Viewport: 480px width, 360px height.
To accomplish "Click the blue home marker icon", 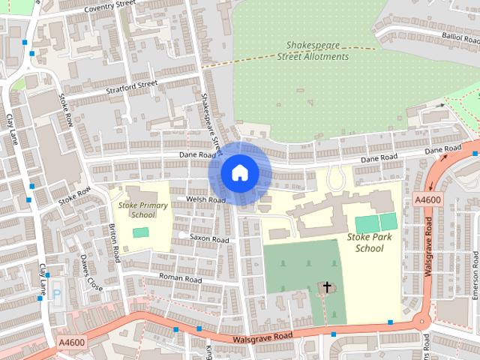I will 238,173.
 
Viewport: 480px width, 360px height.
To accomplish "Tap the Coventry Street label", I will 109,8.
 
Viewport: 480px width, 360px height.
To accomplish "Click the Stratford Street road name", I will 133,83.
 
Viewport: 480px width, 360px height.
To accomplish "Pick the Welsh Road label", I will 207,200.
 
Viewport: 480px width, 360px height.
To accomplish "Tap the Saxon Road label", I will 209,238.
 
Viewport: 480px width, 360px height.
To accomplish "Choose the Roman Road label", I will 181,278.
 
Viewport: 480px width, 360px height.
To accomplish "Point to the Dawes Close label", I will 91,274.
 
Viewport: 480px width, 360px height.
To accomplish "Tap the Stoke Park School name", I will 370,242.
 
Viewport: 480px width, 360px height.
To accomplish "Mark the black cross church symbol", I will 327,286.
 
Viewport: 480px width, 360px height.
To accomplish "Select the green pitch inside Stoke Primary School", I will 141,232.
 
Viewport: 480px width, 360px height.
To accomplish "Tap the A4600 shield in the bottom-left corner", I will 70,342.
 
